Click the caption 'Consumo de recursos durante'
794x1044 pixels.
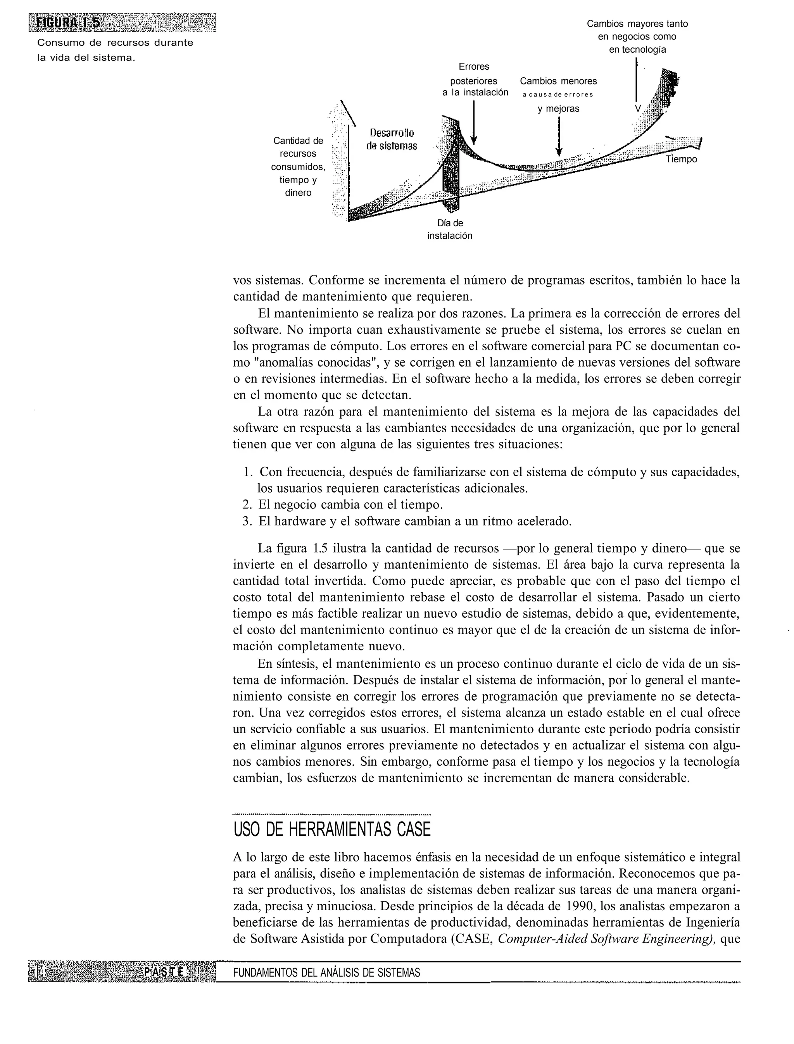pyautogui.click(x=115, y=43)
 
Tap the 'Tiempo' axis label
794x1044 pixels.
pyautogui.click(x=682, y=159)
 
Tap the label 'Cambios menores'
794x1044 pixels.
pyautogui.click(x=558, y=81)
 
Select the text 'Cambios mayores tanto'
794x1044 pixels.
pyautogui.click(x=637, y=24)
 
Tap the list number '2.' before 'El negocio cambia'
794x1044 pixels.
pyautogui.click(x=247, y=505)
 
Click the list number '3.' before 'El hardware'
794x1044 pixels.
pyautogui.click(x=247, y=521)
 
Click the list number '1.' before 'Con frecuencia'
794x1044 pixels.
pyautogui.click(x=248, y=472)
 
